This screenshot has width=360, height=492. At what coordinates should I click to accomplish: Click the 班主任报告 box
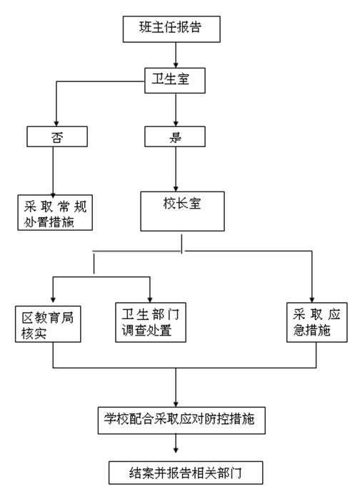pos(171,29)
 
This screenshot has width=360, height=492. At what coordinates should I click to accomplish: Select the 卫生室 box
pos(175,80)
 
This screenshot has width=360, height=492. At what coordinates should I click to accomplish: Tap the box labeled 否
pos(57,136)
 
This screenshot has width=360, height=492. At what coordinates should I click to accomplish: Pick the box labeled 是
pos(175,136)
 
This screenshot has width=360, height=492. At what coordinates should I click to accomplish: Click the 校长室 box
pos(182,211)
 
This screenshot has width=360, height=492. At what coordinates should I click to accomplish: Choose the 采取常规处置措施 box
pos(55,212)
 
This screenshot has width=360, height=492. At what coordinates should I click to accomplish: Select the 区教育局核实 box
pos(48,324)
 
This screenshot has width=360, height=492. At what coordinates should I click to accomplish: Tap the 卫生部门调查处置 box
pos(151,322)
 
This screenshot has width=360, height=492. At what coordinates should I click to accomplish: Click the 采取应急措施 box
pos(317,322)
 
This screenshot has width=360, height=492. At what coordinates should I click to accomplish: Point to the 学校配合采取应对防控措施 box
pos(181,421)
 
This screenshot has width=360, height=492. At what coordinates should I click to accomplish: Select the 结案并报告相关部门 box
pos(186,473)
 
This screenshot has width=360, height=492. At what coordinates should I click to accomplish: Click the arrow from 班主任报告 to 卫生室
pos(176,55)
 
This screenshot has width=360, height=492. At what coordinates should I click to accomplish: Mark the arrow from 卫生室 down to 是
pos(176,110)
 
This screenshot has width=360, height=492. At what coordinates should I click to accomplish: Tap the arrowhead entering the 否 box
pos(56,124)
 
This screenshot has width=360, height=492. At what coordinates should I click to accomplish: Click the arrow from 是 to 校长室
pos(176,169)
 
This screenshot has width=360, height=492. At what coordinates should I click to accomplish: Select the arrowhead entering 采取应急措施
pos(312,299)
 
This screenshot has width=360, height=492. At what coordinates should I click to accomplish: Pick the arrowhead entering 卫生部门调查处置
pos(150,299)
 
